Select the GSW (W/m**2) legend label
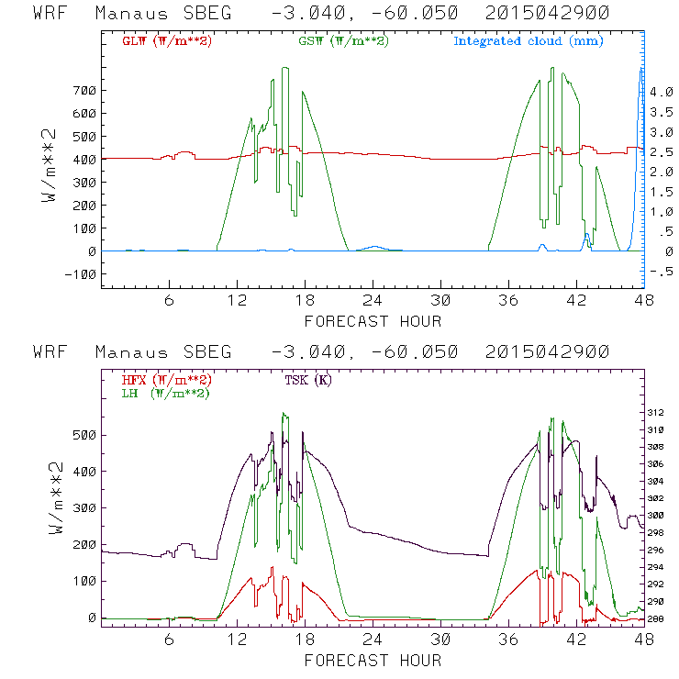click(x=343, y=41)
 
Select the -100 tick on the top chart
click(x=82, y=274)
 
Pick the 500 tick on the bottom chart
click(x=85, y=435)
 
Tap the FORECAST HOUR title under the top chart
click(x=373, y=321)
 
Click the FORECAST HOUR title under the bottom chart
click(x=373, y=660)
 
